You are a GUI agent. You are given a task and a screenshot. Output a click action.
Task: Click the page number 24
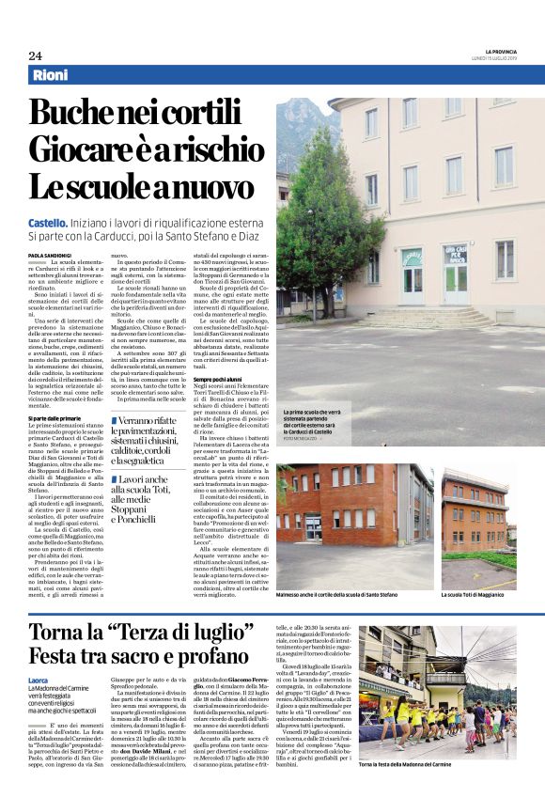pos(35,55)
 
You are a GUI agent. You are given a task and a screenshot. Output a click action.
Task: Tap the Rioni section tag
pos(49,74)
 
